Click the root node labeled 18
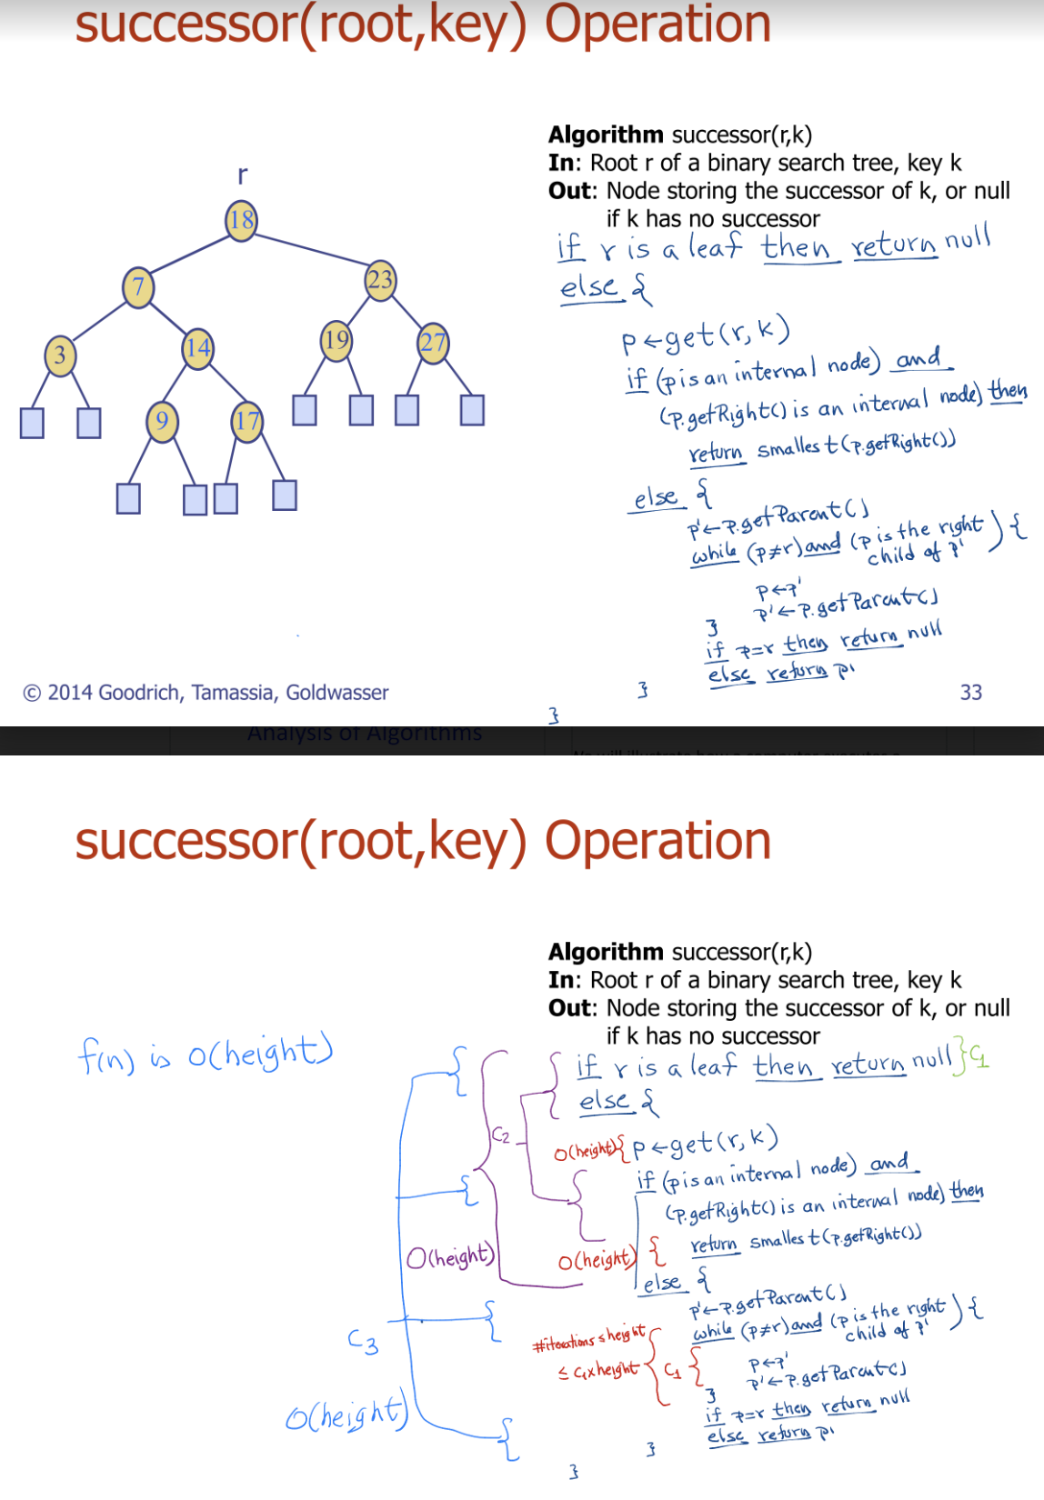click(x=241, y=220)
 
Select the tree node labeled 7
click(x=138, y=287)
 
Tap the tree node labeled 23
click(x=380, y=279)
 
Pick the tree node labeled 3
click(x=60, y=354)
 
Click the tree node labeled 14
click(x=197, y=347)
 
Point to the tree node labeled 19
click(x=336, y=340)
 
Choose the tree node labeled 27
click(x=433, y=343)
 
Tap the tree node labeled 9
click(x=162, y=421)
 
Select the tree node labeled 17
click(x=246, y=421)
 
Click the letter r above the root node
click(x=242, y=174)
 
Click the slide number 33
click(x=971, y=692)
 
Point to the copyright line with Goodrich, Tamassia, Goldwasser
click(x=206, y=693)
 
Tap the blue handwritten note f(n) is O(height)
click(x=206, y=1054)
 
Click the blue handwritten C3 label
click(x=363, y=1342)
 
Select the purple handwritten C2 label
click(x=501, y=1135)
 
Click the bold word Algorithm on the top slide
click(x=606, y=135)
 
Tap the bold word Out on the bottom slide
click(x=570, y=1008)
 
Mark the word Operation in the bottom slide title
click(x=658, y=840)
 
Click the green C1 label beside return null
click(x=978, y=1056)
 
